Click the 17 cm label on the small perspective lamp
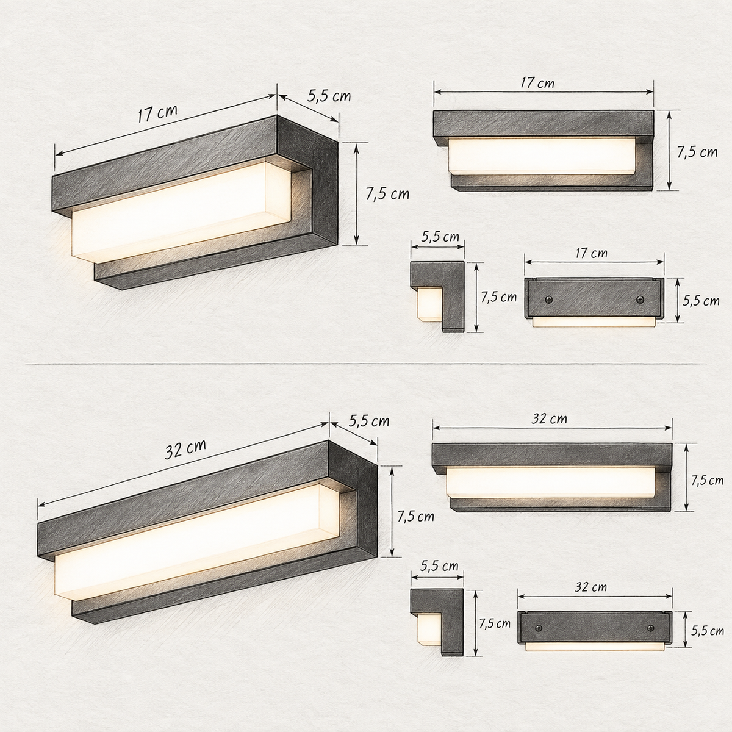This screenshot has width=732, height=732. [x=157, y=113]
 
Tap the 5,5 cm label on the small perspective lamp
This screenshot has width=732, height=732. [x=329, y=96]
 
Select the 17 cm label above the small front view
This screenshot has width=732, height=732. [x=537, y=83]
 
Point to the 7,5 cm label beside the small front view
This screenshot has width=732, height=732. [x=697, y=152]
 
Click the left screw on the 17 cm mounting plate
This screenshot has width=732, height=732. [x=549, y=300]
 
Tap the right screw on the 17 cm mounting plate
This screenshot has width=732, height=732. [x=640, y=300]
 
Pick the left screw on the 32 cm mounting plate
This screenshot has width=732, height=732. [x=538, y=628]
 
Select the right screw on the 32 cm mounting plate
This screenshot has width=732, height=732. [x=651, y=628]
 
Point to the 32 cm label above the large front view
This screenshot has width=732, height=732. [x=549, y=418]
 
